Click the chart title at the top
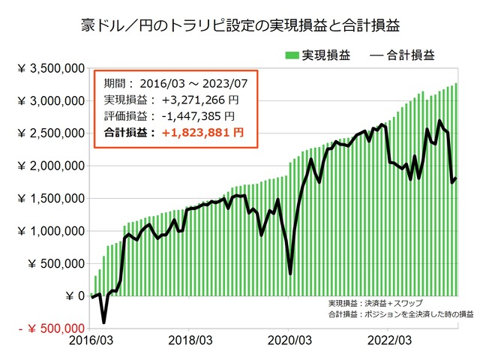point(239,25)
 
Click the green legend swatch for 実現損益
point(291,55)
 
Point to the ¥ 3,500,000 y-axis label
point(50,69)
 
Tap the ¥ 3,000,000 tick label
point(50,101)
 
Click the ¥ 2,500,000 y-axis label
point(50,133)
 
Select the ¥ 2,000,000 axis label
point(50,166)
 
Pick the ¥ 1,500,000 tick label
point(50,199)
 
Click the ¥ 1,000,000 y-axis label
point(50,231)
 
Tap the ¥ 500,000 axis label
point(55,263)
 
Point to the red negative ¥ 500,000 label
point(46,328)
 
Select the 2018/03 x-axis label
point(190,340)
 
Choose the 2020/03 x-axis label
point(289,340)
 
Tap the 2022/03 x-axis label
point(388,340)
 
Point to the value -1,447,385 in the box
point(190,116)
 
